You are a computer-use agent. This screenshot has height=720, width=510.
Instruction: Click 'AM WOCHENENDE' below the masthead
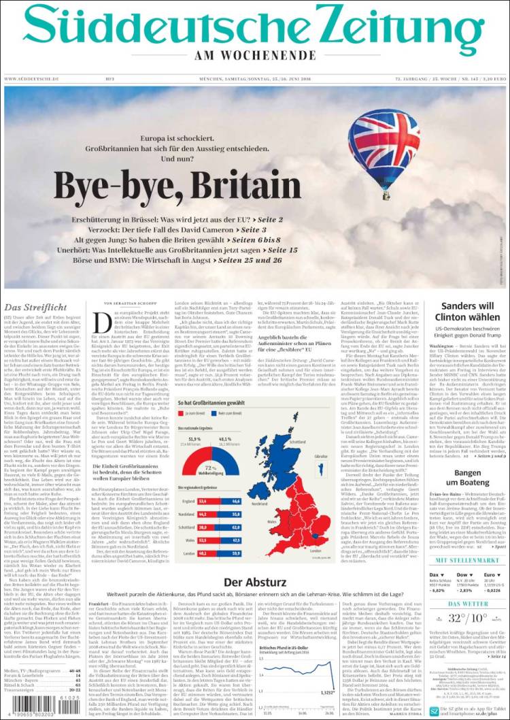pyautogui.click(x=254, y=55)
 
